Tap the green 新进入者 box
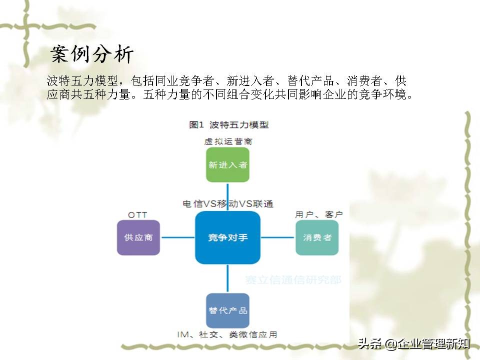point(227,164)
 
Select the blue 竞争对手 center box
point(227,237)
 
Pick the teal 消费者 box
point(317,237)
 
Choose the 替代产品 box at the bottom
point(227,310)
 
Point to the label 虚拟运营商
point(228,141)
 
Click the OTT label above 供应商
point(138,215)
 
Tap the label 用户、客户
point(318,214)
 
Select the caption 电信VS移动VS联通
point(228,204)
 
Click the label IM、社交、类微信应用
point(227,334)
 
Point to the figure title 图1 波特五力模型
point(229,124)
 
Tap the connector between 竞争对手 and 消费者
point(278,237)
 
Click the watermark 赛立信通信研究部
point(293,280)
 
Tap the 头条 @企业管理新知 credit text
point(413,344)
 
